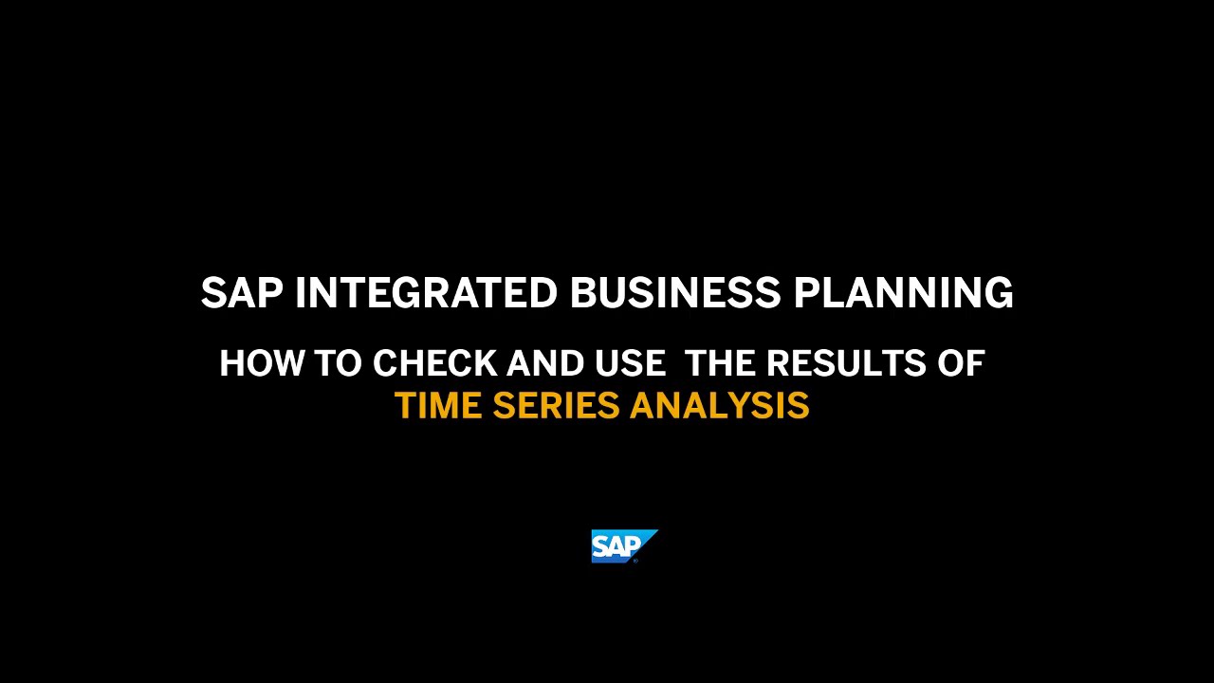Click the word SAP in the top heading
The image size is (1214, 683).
241,293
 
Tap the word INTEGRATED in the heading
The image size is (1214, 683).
426,293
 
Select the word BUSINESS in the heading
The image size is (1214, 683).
675,293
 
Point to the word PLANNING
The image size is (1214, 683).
903,293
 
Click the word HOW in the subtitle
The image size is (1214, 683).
251,364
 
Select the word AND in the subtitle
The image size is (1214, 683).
546,364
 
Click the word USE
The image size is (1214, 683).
630,364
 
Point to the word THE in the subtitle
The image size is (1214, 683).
720,364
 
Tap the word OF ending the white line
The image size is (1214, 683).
961,364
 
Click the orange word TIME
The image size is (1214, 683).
437,406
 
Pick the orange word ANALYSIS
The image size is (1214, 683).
719,406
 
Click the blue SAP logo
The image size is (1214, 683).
623,545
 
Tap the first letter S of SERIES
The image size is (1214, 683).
502,406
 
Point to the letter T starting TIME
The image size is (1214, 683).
404,406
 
